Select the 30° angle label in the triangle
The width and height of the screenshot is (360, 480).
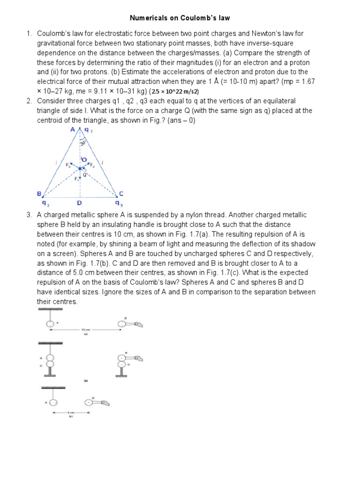(x=83, y=143)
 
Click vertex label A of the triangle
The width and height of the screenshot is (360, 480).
(x=73, y=130)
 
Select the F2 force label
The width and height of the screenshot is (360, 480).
(x=92, y=165)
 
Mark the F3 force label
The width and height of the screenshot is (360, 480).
(x=68, y=165)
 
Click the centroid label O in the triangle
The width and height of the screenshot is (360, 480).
(x=84, y=160)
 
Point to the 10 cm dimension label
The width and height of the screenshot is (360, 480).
(x=86, y=330)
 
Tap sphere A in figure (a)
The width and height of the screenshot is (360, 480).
(x=50, y=323)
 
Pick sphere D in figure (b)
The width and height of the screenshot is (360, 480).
(x=122, y=364)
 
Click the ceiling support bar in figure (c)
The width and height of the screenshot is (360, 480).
(x=53, y=388)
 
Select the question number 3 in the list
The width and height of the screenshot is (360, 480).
(x=29, y=215)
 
